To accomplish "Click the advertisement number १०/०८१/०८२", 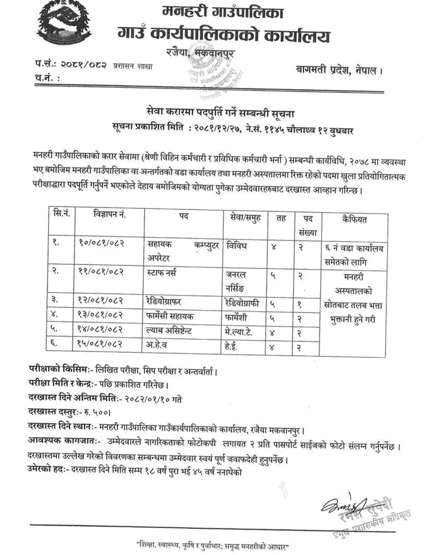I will pyautogui.click(x=102, y=243).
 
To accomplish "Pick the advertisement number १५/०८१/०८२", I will pyautogui.click(x=102, y=344).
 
